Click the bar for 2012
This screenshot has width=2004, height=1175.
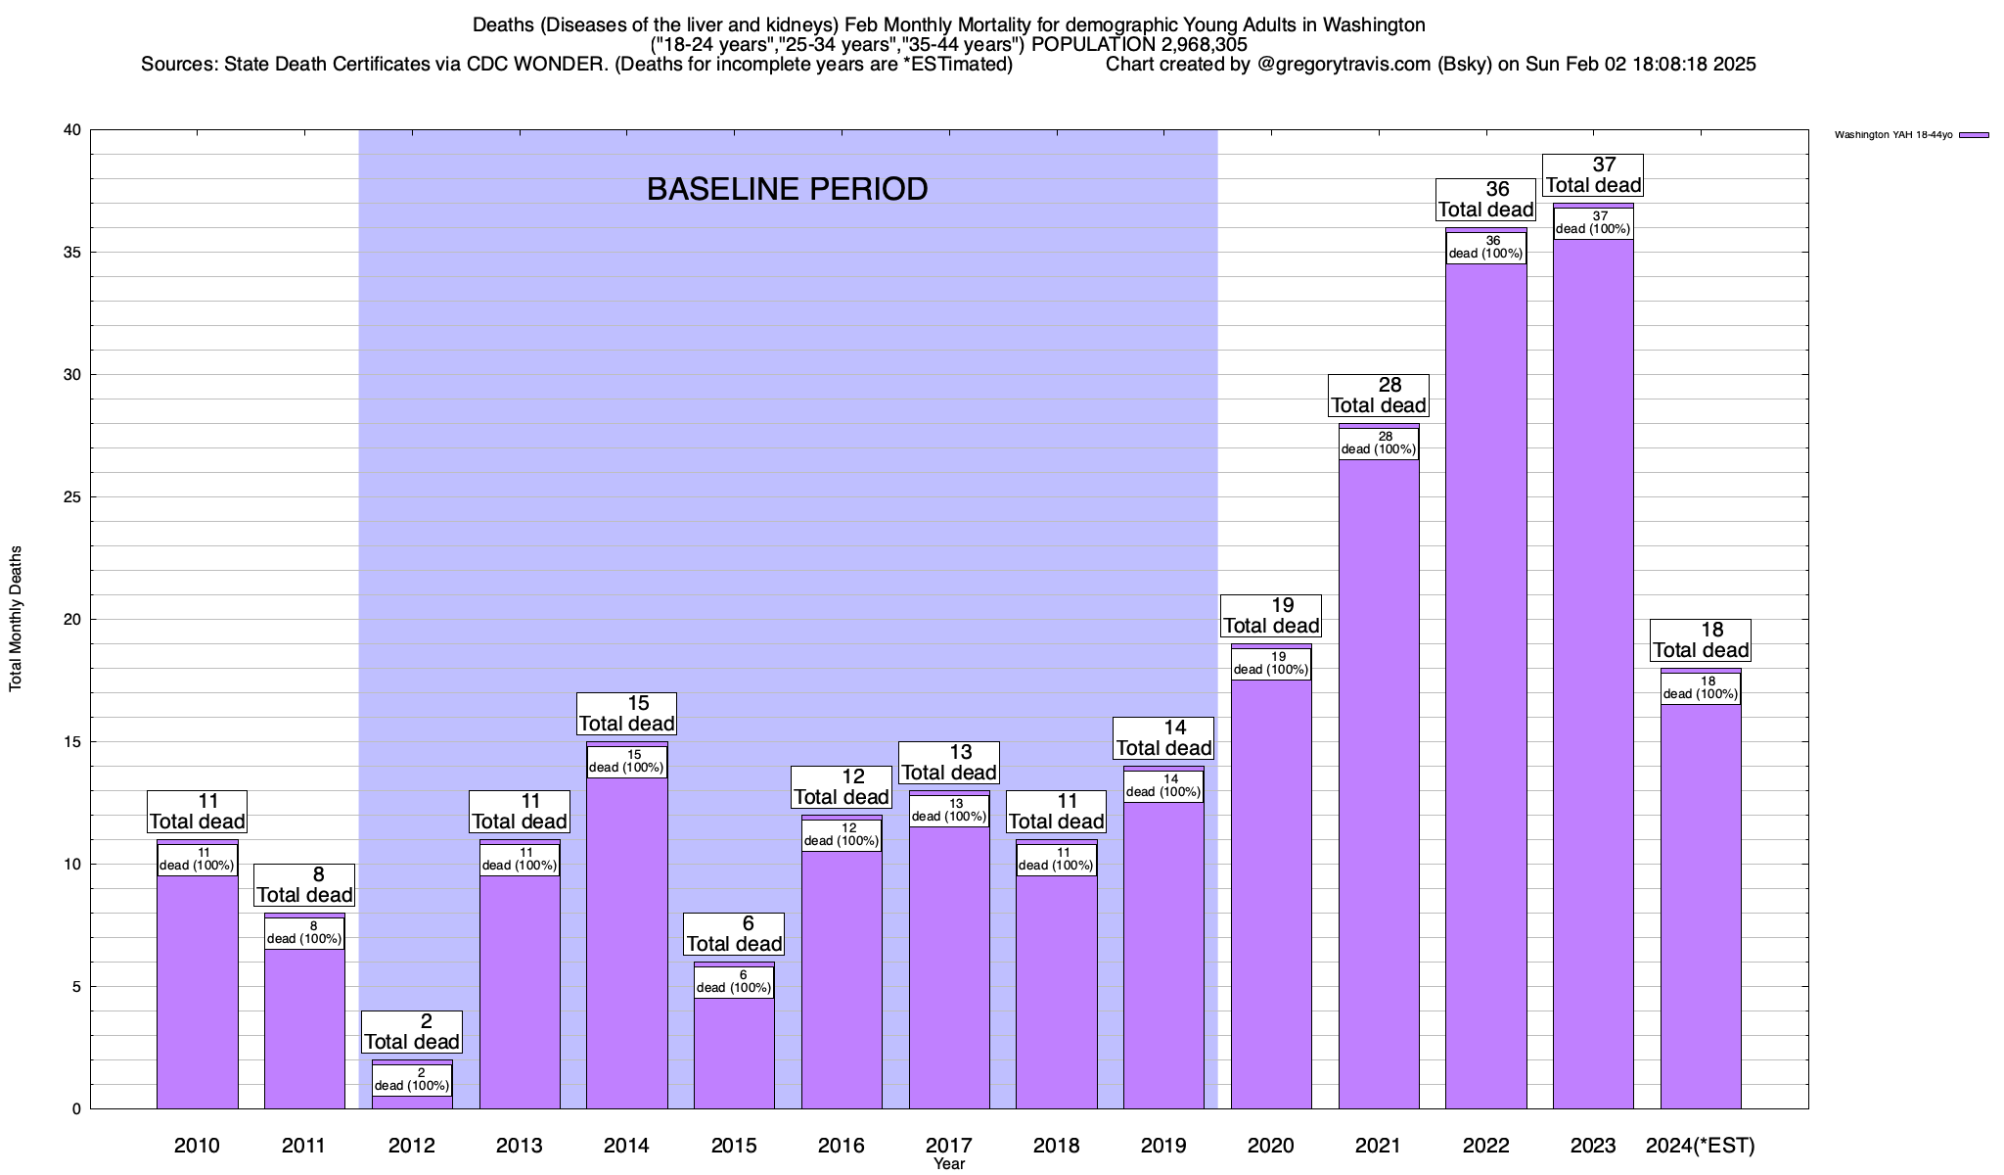(412, 1102)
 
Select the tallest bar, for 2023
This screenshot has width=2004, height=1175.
(1593, 685)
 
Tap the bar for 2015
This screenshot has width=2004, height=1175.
(734, 1053)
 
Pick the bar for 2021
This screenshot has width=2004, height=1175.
(1379, 783)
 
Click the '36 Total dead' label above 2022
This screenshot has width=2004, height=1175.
(1485, 199)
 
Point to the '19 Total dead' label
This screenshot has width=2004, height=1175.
(1271, 615)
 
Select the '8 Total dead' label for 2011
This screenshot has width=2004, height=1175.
(304, 884)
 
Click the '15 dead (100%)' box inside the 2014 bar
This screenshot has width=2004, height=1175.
(626, 761)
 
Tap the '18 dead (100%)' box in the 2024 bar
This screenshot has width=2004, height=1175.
(1701, 687)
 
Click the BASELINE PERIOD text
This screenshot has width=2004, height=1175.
(787, 189)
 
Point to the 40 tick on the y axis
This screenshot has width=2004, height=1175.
(72, 130)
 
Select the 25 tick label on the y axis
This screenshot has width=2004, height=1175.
(72, 497)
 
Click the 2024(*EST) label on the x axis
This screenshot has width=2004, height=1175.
(1701, 1146)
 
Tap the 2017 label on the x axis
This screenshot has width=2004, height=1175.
(948, 1146)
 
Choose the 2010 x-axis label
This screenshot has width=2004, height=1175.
(197, 1146)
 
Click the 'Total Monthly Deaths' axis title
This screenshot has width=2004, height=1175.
(16, 619)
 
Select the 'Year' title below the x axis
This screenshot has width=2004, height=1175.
(948, 1164)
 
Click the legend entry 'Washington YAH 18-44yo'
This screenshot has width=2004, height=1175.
(1892, 135)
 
